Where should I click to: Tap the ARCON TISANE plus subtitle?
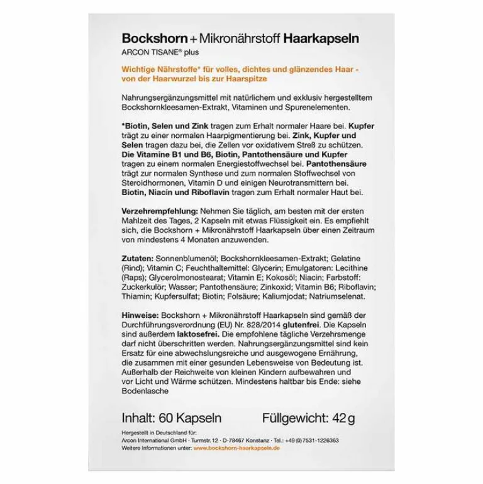[151, 52]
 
